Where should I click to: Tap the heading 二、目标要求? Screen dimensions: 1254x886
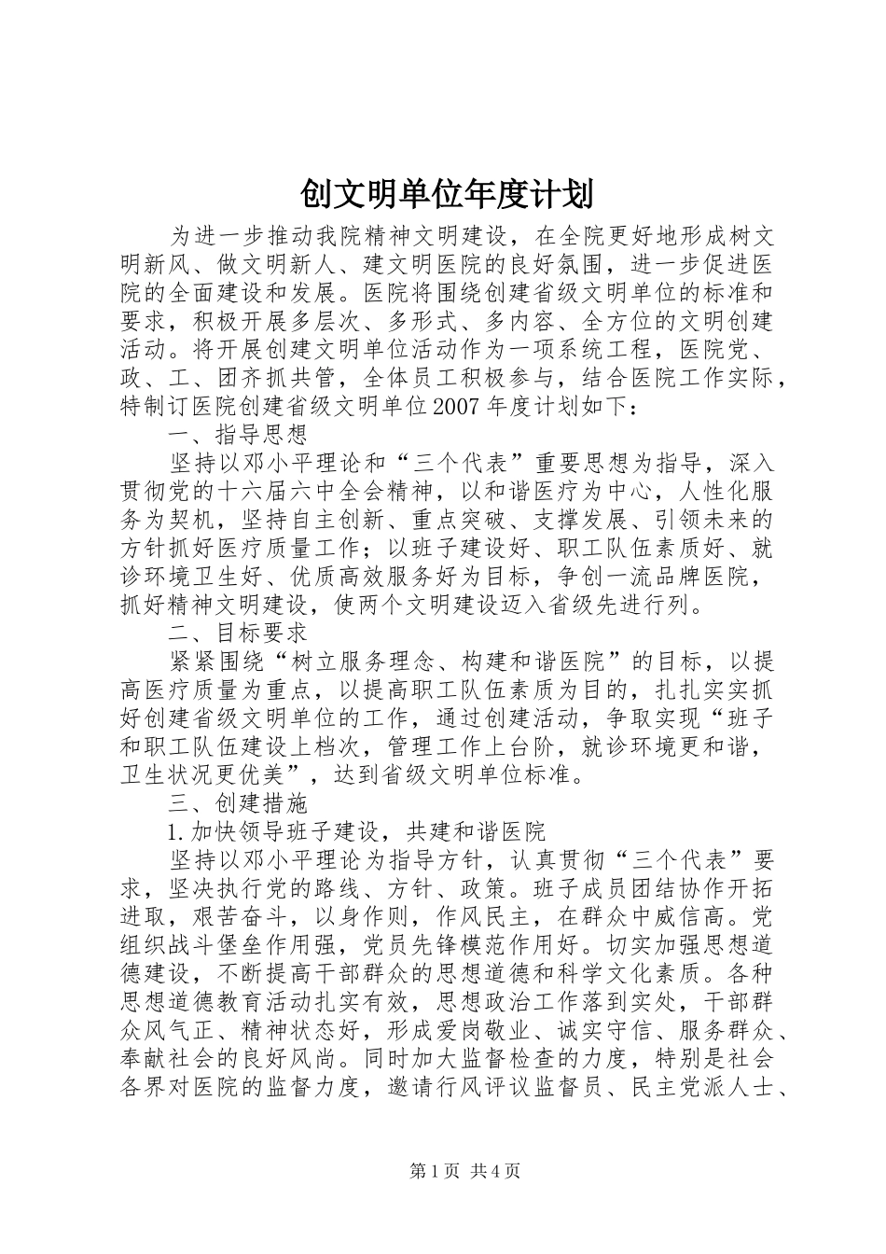(237, 633)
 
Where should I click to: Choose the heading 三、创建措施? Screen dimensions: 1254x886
(237, 802)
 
